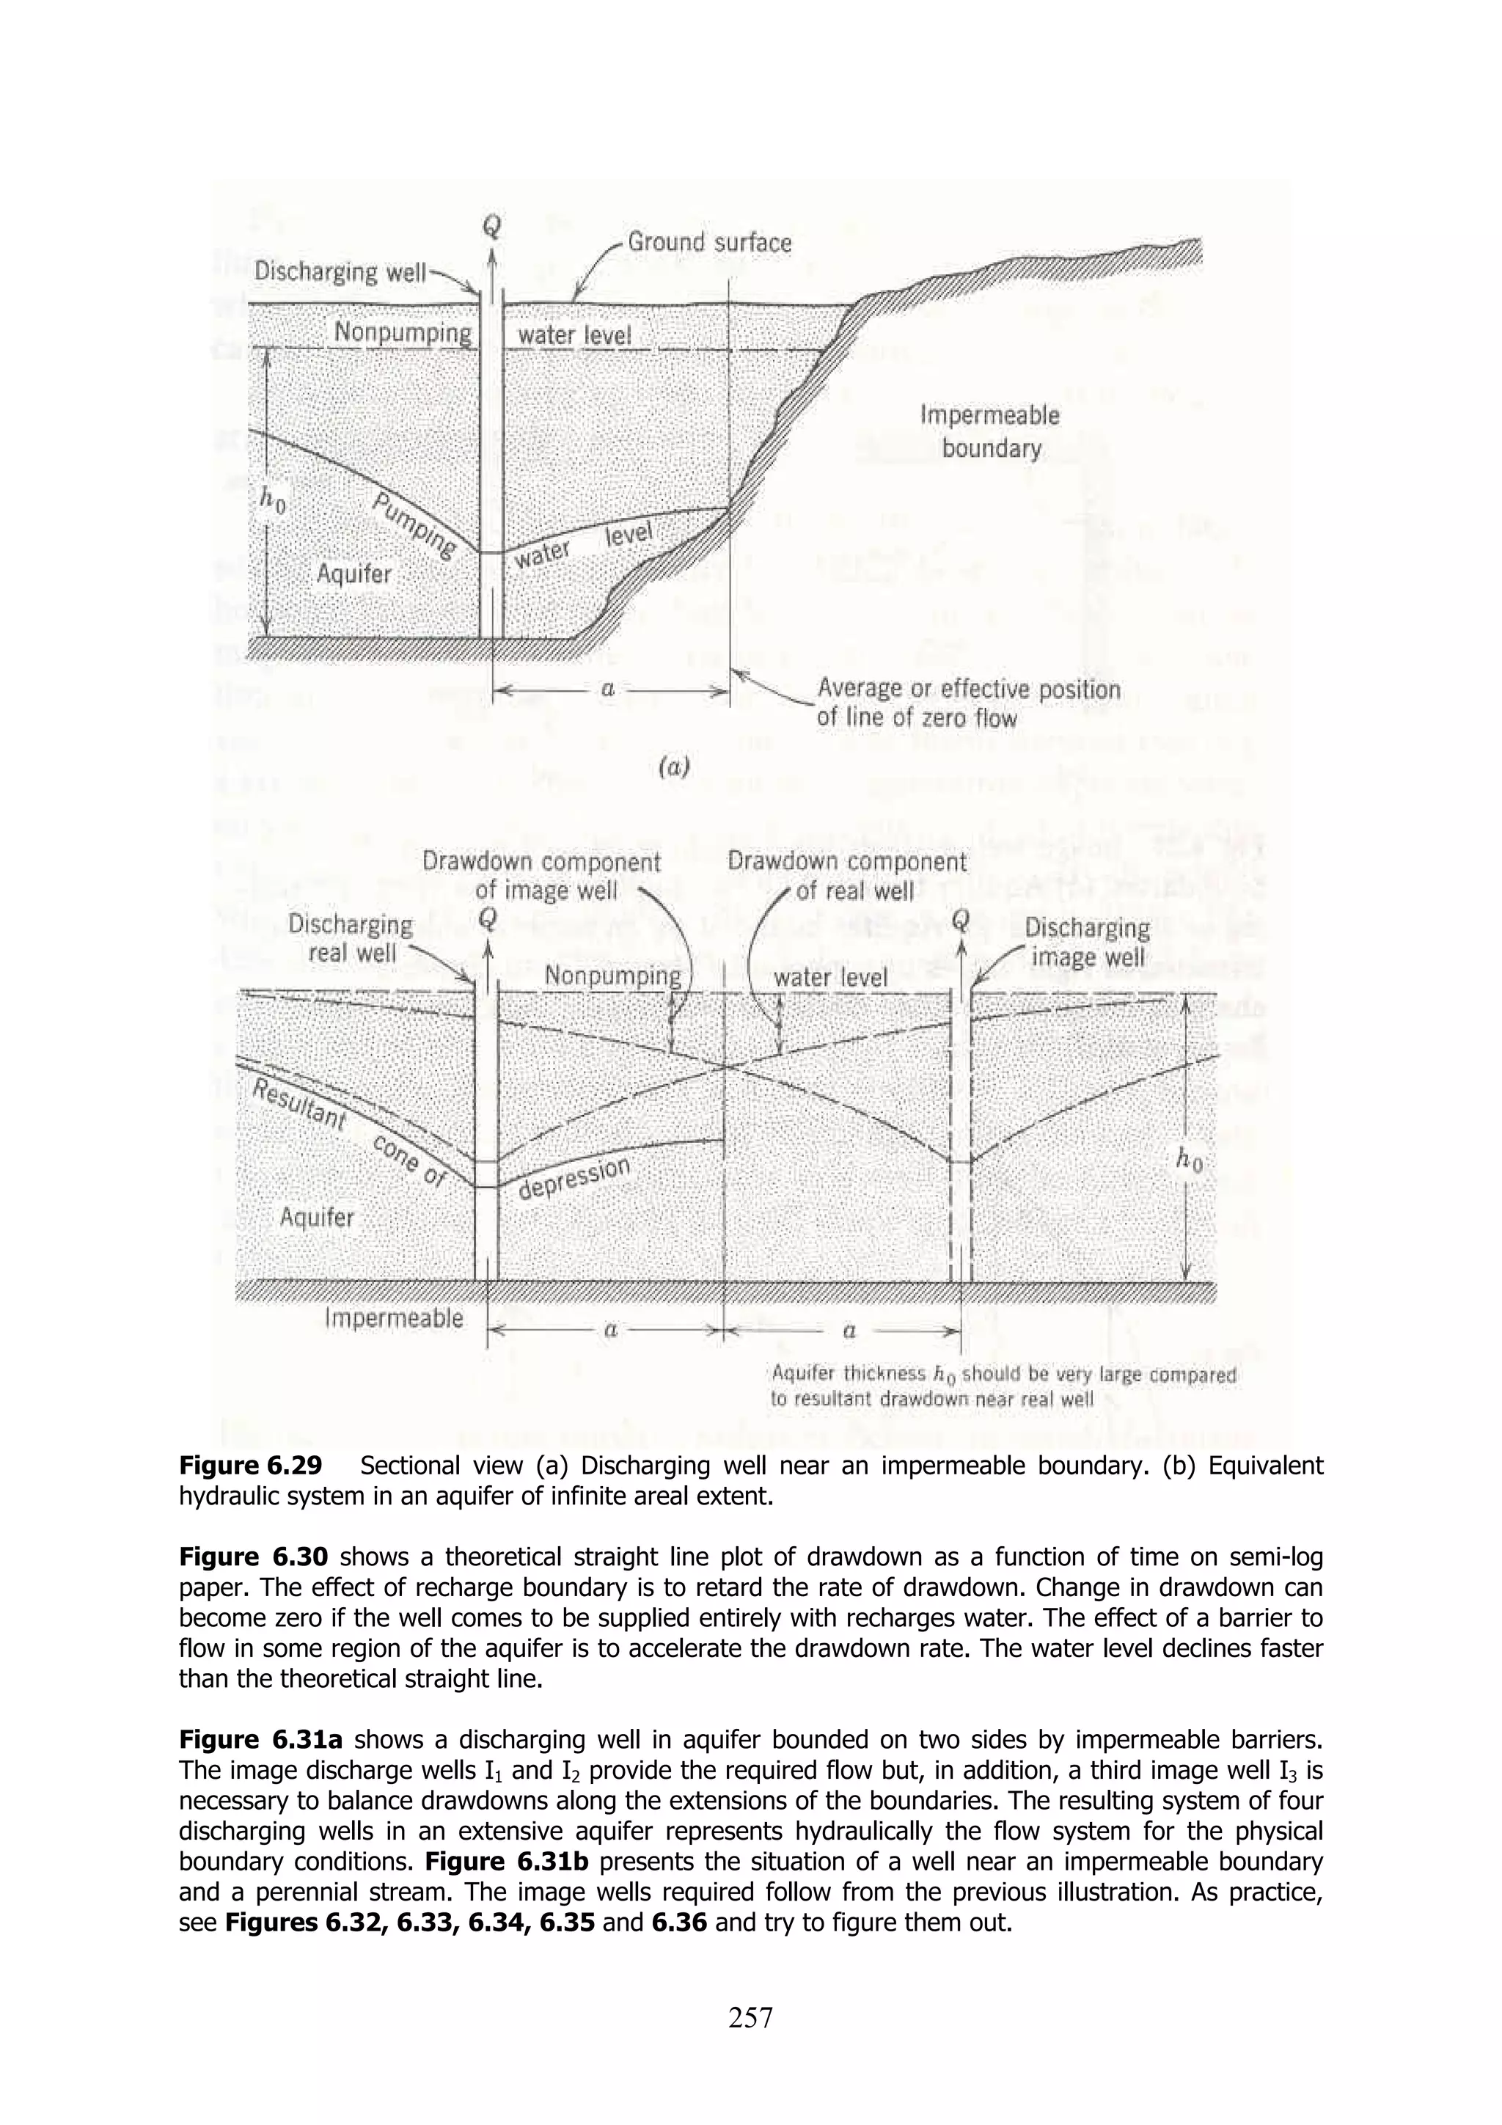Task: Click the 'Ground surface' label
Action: pyautogui.click(x=709, y=244)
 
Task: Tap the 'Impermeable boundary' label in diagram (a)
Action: pyautogui.click(x=989, y=431)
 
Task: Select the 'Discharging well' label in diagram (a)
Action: pyautogui.click(x=340, y=272)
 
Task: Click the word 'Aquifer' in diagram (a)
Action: pyautogui.click(x=353, y=574)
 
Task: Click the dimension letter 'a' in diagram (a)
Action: pyautogui.click(x=608, y=690)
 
